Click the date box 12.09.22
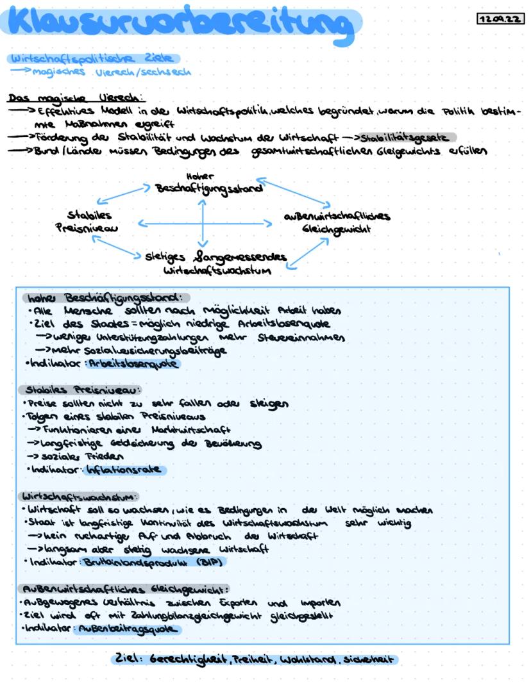tap(500, 20)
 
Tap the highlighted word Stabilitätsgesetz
tap(407, 137)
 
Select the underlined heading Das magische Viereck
tap(76, 98)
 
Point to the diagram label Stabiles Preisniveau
tap(93, 221)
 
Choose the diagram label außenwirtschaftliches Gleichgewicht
tap(337, 222)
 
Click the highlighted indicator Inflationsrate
tap(124, 470)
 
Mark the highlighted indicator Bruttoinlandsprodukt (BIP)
tap(153, 561)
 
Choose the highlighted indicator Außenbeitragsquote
tap(126, 629)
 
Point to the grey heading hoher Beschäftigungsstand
tap(104, 297)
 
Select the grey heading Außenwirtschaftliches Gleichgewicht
tap(125, 588)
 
